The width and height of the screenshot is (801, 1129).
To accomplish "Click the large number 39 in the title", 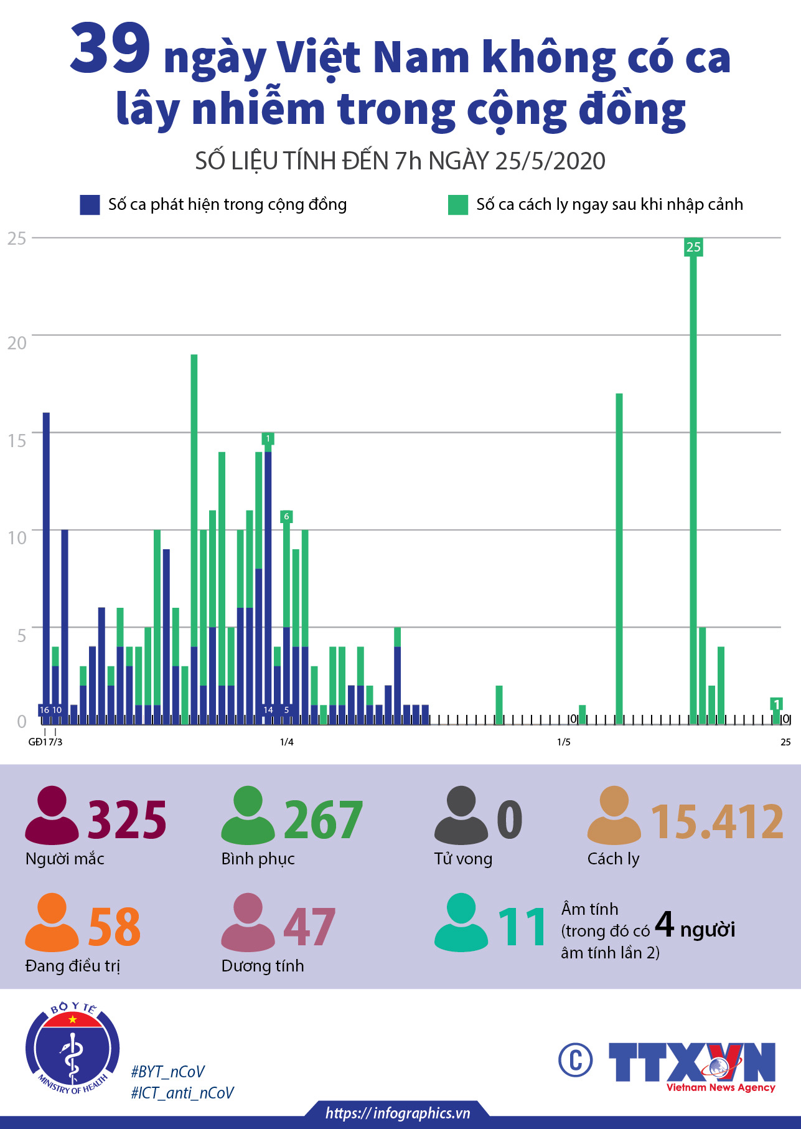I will pos(110,49).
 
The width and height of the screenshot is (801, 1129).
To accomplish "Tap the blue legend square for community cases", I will pos(90,205).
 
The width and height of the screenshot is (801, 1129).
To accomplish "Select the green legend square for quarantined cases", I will pos(457,205).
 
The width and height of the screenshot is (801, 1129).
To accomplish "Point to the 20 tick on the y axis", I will pos(17,342).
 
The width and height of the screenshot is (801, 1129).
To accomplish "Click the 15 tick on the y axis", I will pos(17,440).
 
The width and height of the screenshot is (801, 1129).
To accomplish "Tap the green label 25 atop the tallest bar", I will pos(693,247).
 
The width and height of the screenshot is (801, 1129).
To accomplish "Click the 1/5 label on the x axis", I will pos(564,742).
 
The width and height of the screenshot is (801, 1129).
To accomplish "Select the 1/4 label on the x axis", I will pos(286,742).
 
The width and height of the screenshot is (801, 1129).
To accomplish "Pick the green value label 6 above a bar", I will pos(286,516).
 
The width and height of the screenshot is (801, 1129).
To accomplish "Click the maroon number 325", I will pos(127,820).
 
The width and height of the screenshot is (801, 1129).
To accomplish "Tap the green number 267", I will pos(323,820).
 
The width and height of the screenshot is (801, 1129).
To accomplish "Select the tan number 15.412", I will pos(717,821).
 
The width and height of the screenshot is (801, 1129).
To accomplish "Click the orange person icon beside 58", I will pos(52,922).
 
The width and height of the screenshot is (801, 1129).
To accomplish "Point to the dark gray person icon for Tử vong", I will pos(461,815).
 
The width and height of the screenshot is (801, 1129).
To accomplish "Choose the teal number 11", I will pos(522,927).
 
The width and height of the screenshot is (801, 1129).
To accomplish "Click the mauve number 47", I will pos(309,927).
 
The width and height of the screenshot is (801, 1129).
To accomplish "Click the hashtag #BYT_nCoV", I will pos(167,1072).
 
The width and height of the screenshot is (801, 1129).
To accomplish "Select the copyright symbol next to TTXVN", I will pos(575,1059).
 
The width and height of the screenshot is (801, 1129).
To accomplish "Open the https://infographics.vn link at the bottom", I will pos(398,1113).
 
